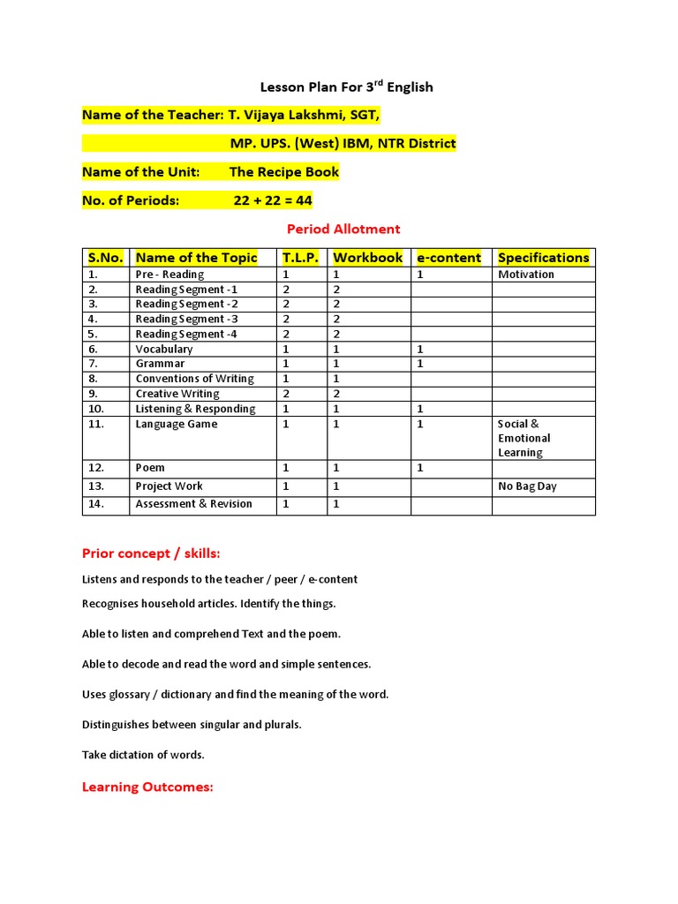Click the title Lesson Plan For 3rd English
[346, 87]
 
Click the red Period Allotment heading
[343, 229]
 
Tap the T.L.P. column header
[301, 258]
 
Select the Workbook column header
[367, 258]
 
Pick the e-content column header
[448, 258]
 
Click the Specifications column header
[543, 258]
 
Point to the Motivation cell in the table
[526, 275]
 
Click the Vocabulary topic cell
[164, 349]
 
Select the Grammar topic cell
[160, 364]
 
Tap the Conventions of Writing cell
[194, 379]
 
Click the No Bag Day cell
[527, 486]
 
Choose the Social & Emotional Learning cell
[524, 438]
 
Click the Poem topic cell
[150, 468]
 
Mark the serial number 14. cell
[96, 504]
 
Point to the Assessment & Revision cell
[193, 504]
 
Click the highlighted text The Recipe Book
[283, 172]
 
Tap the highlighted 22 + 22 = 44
[273, 200]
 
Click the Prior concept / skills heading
[151, 554]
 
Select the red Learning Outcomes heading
[147, 787]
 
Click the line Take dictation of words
[143, 755]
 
